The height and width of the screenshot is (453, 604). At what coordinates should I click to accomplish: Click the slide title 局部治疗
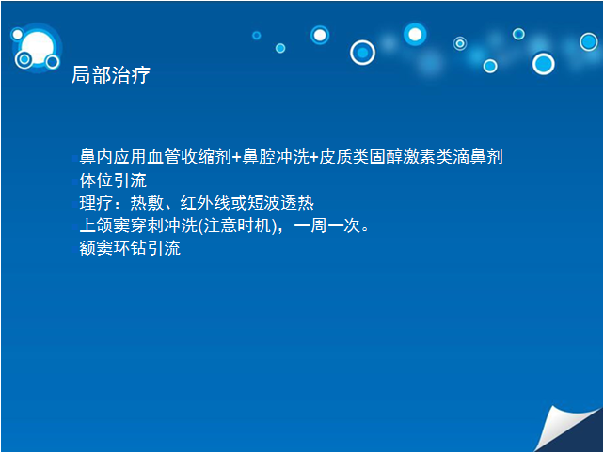tap(111, 74)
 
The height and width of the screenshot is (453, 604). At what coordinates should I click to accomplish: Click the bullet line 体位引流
tap(113, 180)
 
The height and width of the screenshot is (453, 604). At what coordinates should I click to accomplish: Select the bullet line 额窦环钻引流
tap(130, 248)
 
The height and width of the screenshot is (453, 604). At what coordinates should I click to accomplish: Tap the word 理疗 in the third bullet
tap(96, 203)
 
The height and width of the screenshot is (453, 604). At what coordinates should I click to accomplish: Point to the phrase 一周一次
tap(326, 226)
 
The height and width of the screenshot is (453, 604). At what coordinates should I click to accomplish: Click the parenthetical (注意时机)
tap(238, 226)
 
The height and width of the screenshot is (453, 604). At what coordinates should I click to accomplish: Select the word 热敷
tap(147, 203)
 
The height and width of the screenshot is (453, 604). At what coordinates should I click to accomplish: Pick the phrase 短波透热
tap(280, 203)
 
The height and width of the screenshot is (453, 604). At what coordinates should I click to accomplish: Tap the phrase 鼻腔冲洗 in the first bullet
tap(276, 157)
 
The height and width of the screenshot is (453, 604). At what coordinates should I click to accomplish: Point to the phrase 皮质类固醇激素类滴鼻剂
tap(410, 157)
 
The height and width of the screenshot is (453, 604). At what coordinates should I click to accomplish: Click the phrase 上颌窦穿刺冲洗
tap(138, 226)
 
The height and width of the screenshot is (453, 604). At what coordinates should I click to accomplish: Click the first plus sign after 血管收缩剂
tap(236, 157)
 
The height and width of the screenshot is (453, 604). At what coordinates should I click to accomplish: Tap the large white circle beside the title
tap(38, 48)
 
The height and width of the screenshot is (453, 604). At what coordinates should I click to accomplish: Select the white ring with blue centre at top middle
tap(362, 53)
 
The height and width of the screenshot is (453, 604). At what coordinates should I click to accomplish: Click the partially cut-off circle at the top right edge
tap(589, 41)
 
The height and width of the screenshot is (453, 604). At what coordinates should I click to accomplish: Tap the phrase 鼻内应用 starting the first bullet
tap(113, 157)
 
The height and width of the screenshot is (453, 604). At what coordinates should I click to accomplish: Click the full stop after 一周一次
tap(365, 229)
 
